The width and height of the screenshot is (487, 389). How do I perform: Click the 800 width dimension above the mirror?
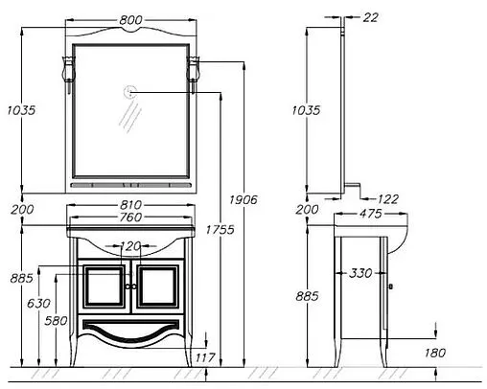pyautogui.click(x=130, y=20)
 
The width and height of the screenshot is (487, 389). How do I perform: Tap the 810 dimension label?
pyautogui.click(x=130, y=205)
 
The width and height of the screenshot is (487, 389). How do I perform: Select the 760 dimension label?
pyautogui.click(x=130, y=217)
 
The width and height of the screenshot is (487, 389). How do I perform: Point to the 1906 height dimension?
pyautogui.click(x=243, y=200)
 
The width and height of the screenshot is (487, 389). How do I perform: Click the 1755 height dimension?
pyautogui.click(x=220, y=230)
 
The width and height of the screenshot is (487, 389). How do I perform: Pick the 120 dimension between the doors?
pyautogui.click(x=130, y=246)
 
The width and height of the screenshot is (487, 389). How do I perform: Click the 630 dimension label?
pyautogui.click(x=38, y=303)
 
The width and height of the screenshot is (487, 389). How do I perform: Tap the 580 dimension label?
pyautogui.click(x=56, y=321)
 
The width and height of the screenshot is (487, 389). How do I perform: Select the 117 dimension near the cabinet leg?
pyautogui.click(x=205, y=357)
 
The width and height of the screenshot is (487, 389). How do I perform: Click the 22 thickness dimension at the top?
pyautogui.click(x=371, y=17)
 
